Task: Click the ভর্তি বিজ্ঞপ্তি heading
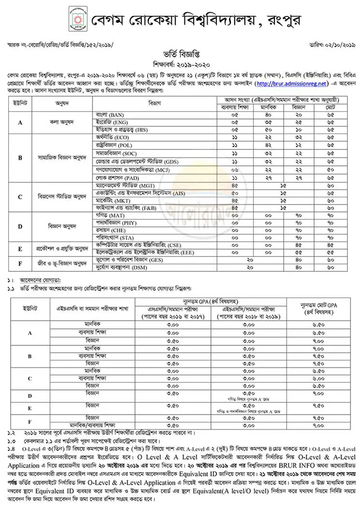(x=181, y=56)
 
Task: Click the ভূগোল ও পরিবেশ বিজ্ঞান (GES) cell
(x=127, y=260)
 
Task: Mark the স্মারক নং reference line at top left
(x=60, y=45)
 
